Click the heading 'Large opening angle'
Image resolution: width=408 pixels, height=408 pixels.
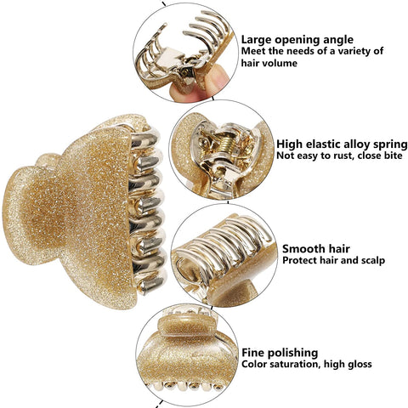pos(297,40)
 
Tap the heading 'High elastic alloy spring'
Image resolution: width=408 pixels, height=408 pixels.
pos(342,144)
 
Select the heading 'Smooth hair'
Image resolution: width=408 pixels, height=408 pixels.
pos(316,249)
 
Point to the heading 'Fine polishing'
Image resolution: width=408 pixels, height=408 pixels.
pos(280,353)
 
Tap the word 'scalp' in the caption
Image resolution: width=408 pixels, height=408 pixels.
pos(373,260)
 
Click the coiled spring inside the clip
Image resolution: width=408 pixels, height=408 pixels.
pos(229,144)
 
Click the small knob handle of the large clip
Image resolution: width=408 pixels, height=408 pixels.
pos(47,161)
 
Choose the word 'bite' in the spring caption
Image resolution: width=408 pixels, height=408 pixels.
pos(392,156)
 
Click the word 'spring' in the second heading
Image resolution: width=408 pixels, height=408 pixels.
pos(390,144)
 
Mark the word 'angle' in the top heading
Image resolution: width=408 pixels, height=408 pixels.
pos(337,41)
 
